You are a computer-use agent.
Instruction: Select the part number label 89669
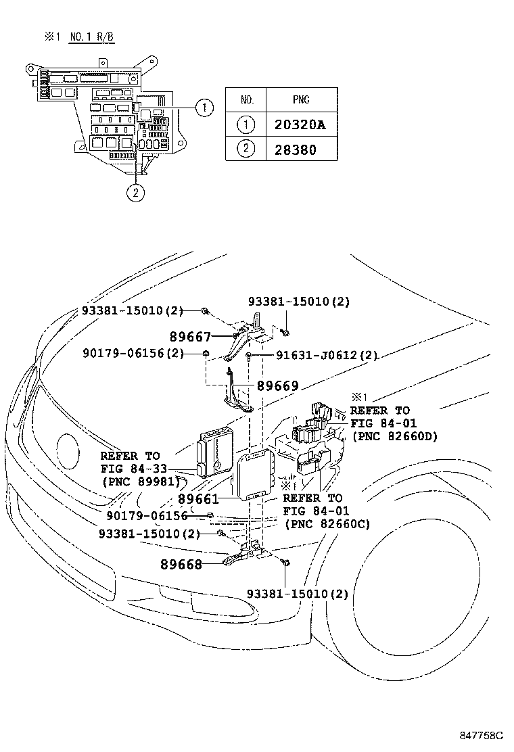click(x=277, y=386)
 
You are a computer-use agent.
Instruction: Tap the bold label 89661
click(x=198, y=499)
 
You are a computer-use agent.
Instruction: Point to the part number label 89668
click(x=181, y=564)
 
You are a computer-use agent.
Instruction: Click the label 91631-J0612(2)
click(x=327, y=355)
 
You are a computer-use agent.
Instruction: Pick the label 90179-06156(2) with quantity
click(x=133, y=353)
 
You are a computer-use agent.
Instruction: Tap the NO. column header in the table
click(x=247, y=100)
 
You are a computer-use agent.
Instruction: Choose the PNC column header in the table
click(x=301, y=100)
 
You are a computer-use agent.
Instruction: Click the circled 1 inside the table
click(x=247, y=124)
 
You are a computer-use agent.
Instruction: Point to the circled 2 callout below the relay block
click(x=135, y=193)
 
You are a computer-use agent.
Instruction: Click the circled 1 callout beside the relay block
click(x=204, y=106)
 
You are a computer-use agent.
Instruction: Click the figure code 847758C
click(x=482, y=735)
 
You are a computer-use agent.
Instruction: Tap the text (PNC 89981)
click(x=141, y=481)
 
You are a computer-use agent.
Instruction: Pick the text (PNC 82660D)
click(x=394, y=436)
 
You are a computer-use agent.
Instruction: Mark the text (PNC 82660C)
click(x=327, y=523)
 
